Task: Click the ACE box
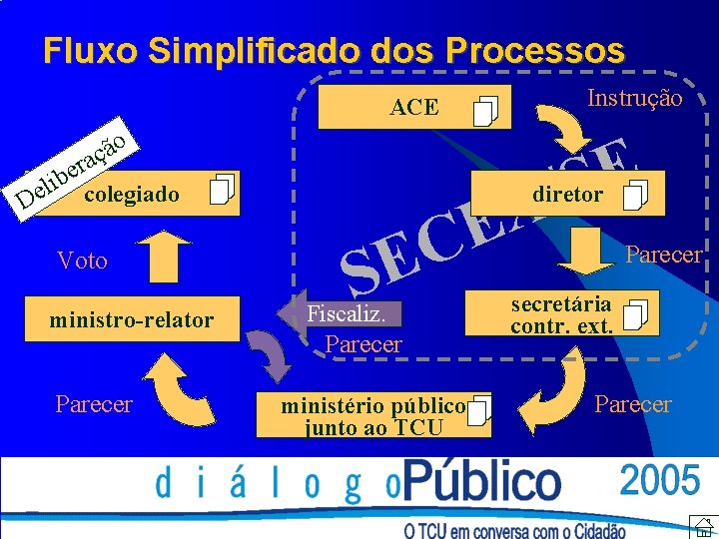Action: point(413,108)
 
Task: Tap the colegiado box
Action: point(150,193)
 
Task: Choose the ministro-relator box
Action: point(131,320)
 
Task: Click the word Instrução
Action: point(634,98)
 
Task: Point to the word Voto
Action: point(83,262)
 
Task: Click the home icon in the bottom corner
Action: point(702,525)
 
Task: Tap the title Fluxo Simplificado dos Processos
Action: point(334,50)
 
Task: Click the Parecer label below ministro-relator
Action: point(94,404)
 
